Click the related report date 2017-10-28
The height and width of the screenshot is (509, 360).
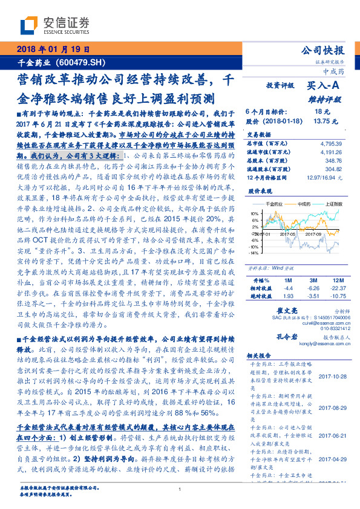tap(330, 375)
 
